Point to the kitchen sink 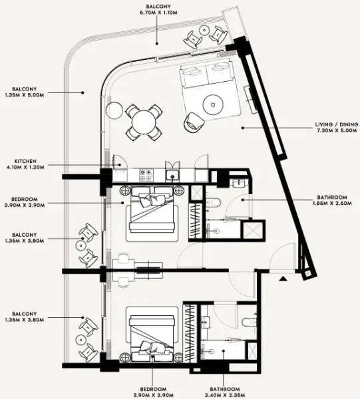pos(172,176)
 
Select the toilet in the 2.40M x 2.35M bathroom pos(248,323)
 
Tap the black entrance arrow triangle pos(283,279)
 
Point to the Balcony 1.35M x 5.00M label pos(25,91)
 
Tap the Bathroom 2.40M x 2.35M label pos(222,392)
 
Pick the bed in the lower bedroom pos(153,332)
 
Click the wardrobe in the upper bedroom pos(195,219)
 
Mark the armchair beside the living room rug pos(194,120)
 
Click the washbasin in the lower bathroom pos(206,323)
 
